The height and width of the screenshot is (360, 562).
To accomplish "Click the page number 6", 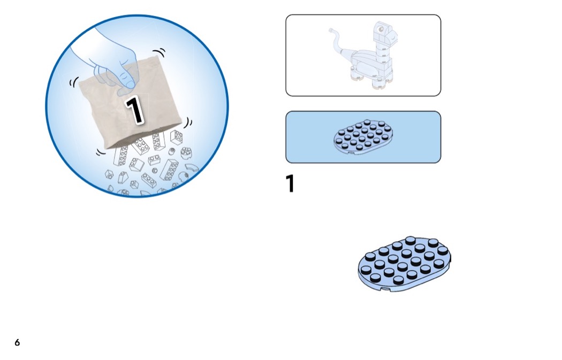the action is (x=17, y=342).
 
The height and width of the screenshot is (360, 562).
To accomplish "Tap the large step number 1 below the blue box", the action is (x=290, y=183).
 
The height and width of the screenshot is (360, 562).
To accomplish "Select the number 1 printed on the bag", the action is (x=134, y=110).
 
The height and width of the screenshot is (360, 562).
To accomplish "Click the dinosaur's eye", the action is (x=381, y=29).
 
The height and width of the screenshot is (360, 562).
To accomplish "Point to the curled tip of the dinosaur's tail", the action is (x=331, y=30).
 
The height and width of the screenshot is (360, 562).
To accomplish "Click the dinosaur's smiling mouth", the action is (x=393, y=36).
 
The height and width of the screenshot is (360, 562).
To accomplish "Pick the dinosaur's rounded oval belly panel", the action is (x=366, y=68).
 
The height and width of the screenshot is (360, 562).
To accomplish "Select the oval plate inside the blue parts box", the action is (x=363, y=137).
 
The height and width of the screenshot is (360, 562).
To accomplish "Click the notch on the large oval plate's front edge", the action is (x=386, y=289).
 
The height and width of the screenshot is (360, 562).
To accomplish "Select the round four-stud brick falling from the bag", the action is (x=186, y=153).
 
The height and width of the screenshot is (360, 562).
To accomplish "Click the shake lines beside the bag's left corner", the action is (x=73, y=82).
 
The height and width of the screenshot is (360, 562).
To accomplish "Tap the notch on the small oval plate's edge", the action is (x=351, y=153).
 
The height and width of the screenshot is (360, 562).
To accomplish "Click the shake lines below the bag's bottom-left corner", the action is (x=101, y=152).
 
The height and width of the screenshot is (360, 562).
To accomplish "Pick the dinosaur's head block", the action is (x=384, y=32).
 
